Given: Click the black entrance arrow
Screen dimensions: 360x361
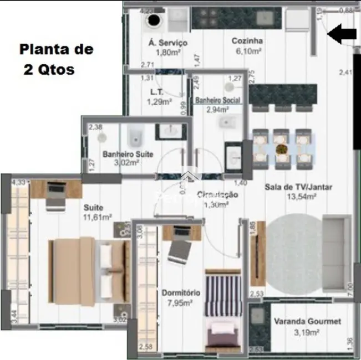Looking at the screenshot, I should point(342,34).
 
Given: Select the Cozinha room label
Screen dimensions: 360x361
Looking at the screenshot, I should point(247,40).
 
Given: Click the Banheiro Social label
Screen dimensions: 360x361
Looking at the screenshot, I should point(217,100).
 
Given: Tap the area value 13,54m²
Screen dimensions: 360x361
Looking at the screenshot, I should point(301,196).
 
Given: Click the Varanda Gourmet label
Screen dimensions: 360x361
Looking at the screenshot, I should point(307,321).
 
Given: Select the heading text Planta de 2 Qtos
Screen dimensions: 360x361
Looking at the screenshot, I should point(56,60).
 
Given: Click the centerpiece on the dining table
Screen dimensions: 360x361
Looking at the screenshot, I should point(282,149).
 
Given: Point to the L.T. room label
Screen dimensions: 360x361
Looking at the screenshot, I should point(156,92).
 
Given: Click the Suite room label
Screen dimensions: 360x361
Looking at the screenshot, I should point(93,208).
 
